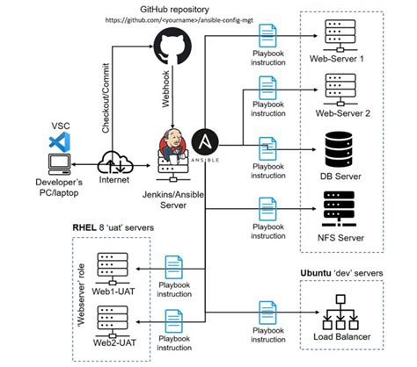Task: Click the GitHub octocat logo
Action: pos(172,45)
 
